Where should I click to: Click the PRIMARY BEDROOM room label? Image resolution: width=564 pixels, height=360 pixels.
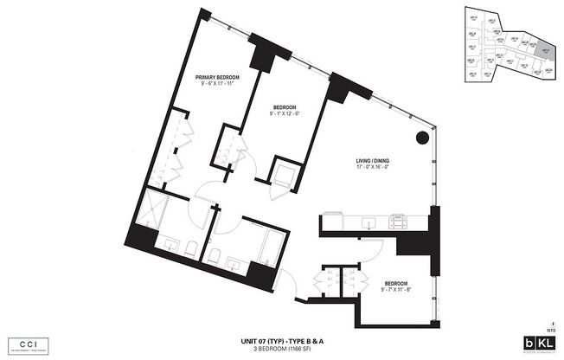pyautogui.click(x=217, y=77)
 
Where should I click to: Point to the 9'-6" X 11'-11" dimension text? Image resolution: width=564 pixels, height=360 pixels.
pyautogui.click(x=217, y=84)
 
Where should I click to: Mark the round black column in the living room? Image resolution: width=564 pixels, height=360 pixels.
pyautogui.click(x=421, y=138)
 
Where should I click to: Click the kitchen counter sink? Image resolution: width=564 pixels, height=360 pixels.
pyautogui.click(x=368, y=222)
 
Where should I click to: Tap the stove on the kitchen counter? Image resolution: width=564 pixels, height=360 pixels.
pyautogui.click(x=399, y=222)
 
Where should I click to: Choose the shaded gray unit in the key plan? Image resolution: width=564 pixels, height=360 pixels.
pyautogui.click(x=545, y=50)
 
